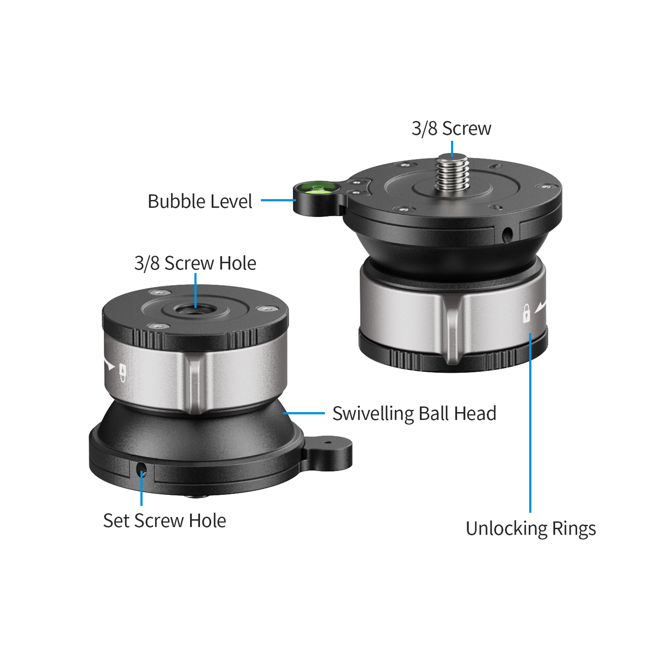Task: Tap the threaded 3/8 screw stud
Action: pyautogui.click(x=452, y=173)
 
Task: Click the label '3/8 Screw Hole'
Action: pyautogui.click(x=195, y=263)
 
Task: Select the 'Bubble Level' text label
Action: pyautogui.click(x=200, y=201)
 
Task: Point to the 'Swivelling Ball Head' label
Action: pyautogui.click(x=414, y=413)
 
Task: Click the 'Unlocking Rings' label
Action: pyautogui.click(x=531, y=528)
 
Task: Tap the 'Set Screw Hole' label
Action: pyautogui.click(x=164, y=521)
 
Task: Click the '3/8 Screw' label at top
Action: pyautogui.click(x=451, y=129)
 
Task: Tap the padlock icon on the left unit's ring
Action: pyautogui.click(x=122, y=372)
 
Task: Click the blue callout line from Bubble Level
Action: pyautogui.click(x=277, y=200)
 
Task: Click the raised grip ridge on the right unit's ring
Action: pyautogui.click(x=452, y=327)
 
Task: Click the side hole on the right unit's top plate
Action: pyautogui.click(x=507, y=234)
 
